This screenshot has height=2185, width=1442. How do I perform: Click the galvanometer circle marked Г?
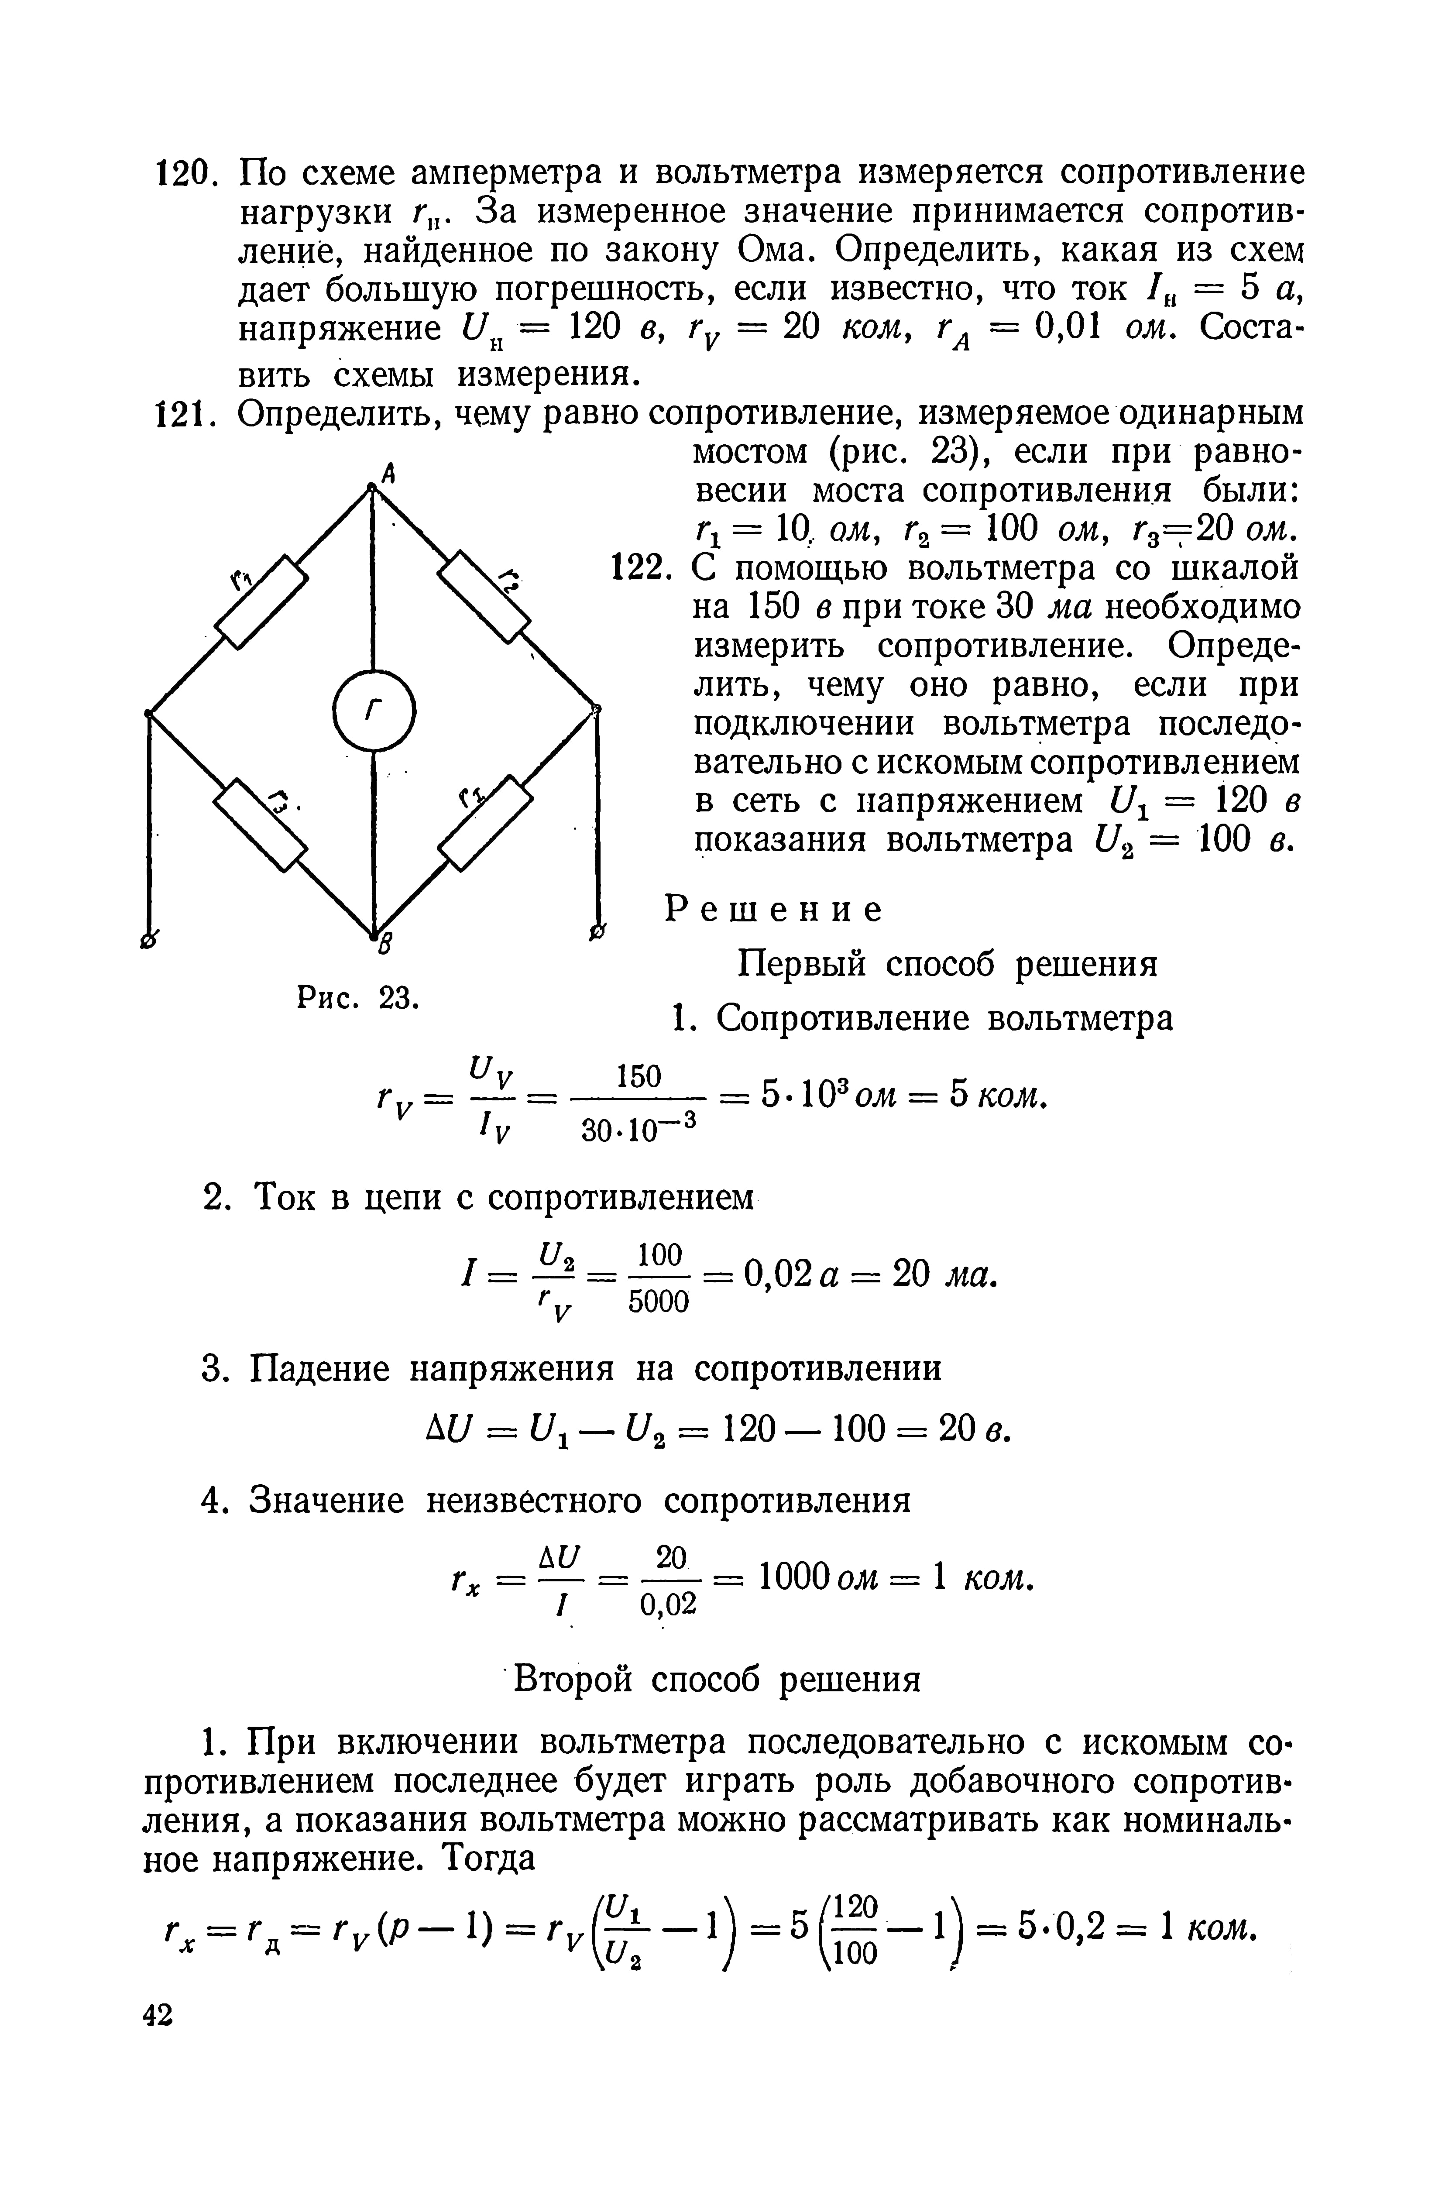[374, 710]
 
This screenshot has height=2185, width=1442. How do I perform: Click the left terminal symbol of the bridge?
[147, 938]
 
